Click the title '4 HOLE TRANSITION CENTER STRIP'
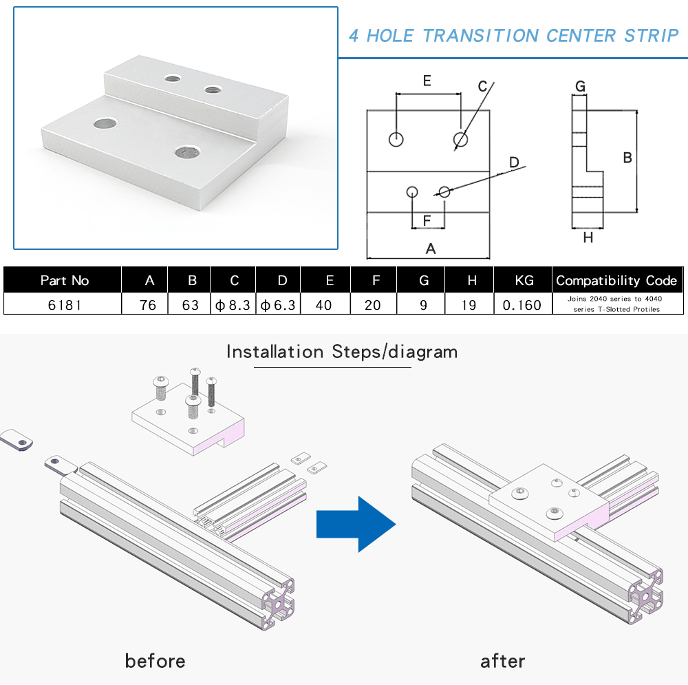click(513, 36)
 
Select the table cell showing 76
click(147, 304)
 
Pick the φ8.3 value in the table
click(233, 304)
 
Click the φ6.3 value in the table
click(279, 304)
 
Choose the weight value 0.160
click(522, 304)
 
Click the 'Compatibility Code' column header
click(617, 280)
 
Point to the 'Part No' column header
click(64, 280)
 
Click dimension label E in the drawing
click(427, 81)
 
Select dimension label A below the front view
click(431, 249)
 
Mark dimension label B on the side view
click(627, 158)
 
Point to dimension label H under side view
click(588, 238)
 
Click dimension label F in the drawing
click(427, 221)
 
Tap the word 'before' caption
click(155, 661)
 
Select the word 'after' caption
click(502, 661)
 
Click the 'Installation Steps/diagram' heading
click(342, 352)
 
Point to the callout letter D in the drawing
click(514, 162)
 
